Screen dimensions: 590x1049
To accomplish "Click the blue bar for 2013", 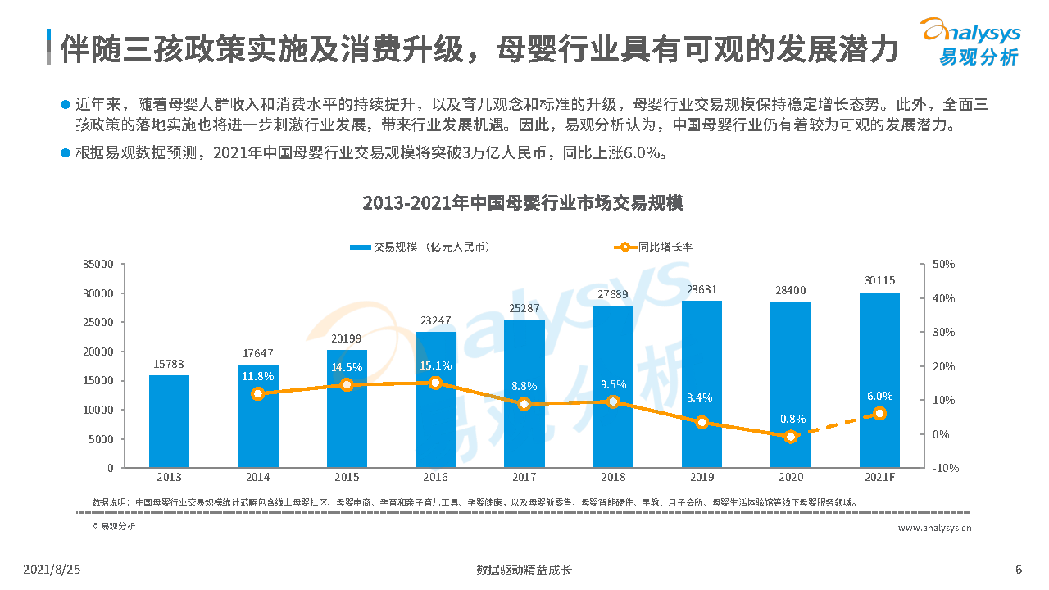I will coord(169,421).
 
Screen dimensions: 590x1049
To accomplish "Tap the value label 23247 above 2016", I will coord(435,322).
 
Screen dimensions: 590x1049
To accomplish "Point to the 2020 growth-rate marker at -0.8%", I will coord(791,437).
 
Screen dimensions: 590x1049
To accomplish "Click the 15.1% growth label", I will coord(435,365).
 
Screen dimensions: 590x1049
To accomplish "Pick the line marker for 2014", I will coord(258,393).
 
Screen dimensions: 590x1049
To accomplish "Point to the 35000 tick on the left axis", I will coord(98,265).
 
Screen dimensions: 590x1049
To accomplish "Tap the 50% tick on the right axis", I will coord(943,265).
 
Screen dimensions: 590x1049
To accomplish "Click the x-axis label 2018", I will coord(613,477).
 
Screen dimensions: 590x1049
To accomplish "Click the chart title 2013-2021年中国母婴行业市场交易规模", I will coord(523,203).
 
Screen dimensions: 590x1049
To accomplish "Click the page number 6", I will coord(1018,570).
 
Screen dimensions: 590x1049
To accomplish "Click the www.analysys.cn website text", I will coord(934,529).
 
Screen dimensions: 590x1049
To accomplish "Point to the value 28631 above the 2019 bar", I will coord(702,290).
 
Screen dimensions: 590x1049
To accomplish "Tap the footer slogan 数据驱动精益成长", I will coord(524,570).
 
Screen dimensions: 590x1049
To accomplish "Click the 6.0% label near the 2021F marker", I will coord(879,396).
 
